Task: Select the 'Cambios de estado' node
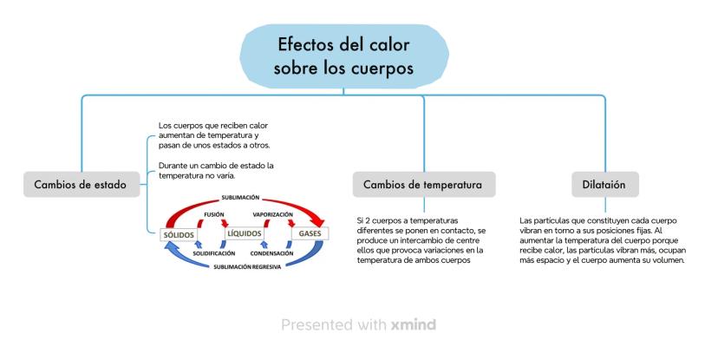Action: click(x=80, y=184)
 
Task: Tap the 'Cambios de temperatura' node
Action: click(x=423, y=184)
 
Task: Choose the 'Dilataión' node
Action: click(x=604, y=184)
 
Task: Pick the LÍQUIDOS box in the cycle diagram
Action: click(x=244, y=233)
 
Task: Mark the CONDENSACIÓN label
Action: click(x=272, y=252)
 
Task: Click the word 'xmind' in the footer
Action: click(x=413, y=325)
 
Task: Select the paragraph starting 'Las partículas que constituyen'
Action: click(x=603, y=240)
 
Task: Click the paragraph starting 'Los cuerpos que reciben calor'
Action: click(x=209, y=135)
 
